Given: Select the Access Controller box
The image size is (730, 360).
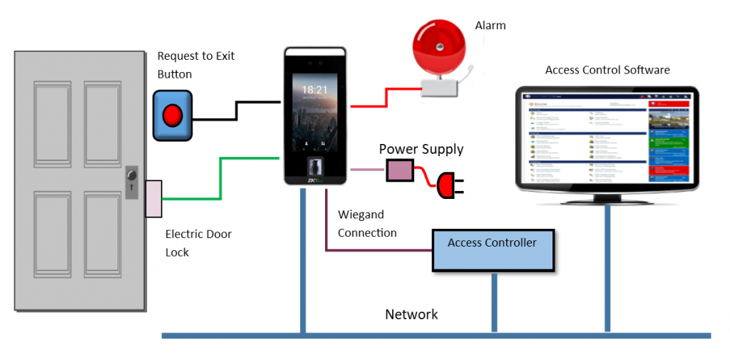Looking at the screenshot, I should coord(493,250).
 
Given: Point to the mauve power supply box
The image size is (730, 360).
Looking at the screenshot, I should coord(400,170).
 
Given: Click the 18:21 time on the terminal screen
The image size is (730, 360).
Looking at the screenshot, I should coord(314,90).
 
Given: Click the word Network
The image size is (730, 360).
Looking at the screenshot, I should coord(411,314).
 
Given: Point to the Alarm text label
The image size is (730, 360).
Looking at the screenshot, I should coord(490,26).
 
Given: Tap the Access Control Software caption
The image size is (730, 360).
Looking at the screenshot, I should coord(607,70).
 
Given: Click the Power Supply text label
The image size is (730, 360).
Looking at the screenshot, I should coord(421,149).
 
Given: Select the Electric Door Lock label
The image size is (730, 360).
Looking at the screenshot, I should coord(198,242).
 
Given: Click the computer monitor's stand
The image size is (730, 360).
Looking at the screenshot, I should coord(607,198).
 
